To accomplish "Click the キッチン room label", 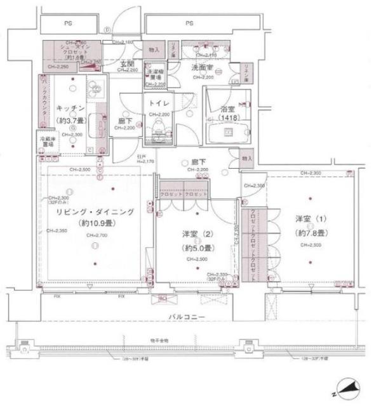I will (67, 108).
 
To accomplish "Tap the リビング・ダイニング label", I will (93, 213).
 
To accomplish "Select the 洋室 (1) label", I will (310, 219).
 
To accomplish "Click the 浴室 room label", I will (228, 108).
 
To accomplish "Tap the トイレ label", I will (157, 103).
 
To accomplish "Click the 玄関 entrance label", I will (127, 63).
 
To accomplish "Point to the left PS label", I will (67, 23).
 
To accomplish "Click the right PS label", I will (189, 23).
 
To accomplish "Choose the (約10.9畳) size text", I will (93, 223).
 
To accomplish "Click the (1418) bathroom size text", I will (228, 118).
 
